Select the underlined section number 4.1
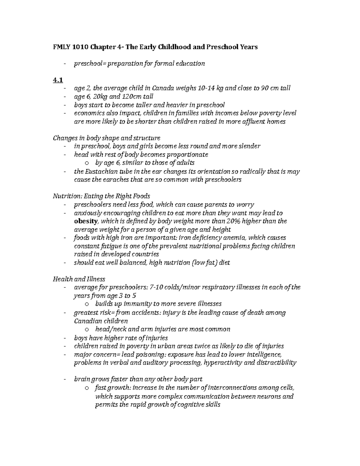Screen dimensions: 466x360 [x=57, y=80]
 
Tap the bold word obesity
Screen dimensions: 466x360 [x=86, y=221]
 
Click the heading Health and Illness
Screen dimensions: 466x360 [x=79, y=279]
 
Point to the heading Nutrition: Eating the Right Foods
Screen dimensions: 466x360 [x=101, y=196]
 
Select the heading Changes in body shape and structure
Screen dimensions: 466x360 [x=106, y=138]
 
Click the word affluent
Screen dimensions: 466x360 [x=253, y=122]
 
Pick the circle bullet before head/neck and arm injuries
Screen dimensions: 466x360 [x=87, y=329]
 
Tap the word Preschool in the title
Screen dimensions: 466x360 [x=222, y=47]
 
